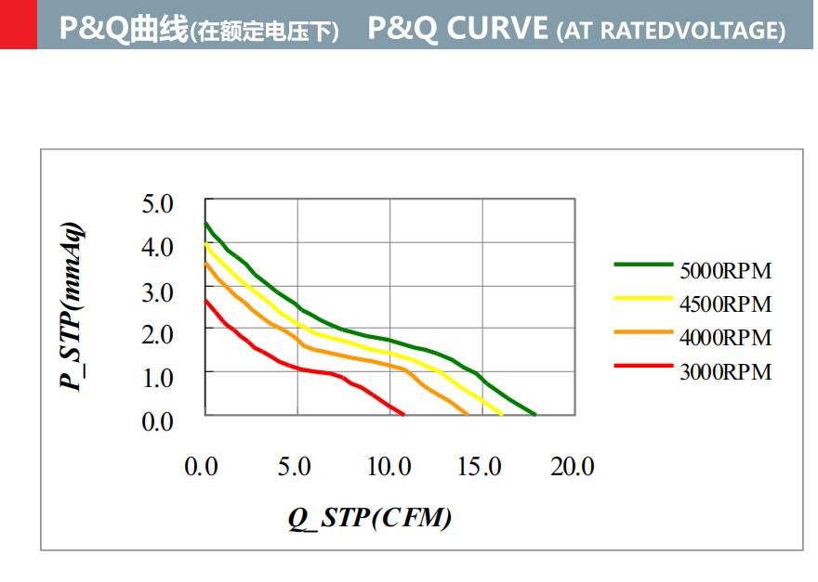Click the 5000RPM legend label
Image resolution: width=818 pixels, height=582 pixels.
[725, 272]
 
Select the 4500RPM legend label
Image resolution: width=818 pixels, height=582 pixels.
[725, 304]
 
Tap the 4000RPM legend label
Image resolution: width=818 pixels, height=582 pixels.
[725, 338]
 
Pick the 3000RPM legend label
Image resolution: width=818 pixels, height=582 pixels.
[725, 372]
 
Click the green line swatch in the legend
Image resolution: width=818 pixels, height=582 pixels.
[643, 265]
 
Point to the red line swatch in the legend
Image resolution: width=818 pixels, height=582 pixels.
[643, 365]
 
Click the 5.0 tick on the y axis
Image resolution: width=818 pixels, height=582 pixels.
[158, 203]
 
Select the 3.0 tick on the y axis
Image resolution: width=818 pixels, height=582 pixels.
[158, 291]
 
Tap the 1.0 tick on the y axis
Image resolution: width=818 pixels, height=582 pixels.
[158, 377]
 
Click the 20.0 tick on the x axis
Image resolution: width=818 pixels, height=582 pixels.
[573, 466]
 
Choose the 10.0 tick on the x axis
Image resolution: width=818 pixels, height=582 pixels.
[387, 466]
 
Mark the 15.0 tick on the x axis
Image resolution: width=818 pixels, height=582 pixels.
[480, 466]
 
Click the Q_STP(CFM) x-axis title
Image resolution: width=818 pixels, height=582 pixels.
[370, 517]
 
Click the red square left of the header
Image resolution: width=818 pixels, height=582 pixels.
[19, 24]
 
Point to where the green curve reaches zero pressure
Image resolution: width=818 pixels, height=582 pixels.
[535, 414]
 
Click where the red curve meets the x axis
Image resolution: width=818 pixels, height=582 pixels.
[403, 414]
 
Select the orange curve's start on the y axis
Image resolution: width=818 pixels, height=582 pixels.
[206, 263]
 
